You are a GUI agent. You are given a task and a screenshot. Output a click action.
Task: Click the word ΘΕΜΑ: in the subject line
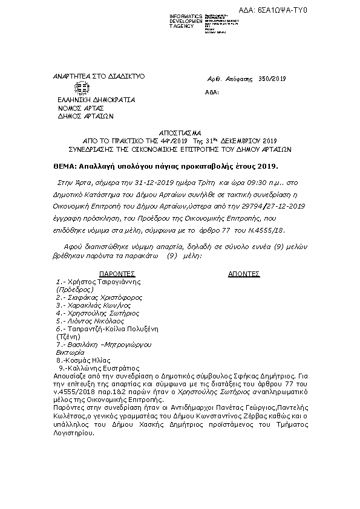pyautogui.click(x=64, y=165)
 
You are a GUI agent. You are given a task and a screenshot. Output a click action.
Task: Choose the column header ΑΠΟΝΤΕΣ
pyautogui.click(x=243, y=273)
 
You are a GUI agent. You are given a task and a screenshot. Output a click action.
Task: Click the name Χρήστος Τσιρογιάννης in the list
pyautogui.click(x=102, y=282)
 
